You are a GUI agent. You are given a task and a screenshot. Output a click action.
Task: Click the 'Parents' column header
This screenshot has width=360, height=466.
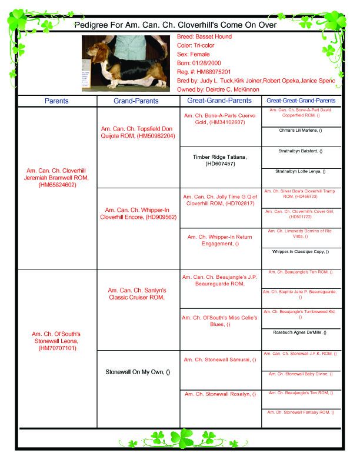coord(56,101)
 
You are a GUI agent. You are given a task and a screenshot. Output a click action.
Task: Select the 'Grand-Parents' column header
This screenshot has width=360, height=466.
coord(136,101)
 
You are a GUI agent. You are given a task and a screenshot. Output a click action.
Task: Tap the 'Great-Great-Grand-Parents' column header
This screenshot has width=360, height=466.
coord(301,101)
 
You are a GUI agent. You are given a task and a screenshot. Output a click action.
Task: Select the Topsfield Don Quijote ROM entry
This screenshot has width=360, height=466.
coord(138,131)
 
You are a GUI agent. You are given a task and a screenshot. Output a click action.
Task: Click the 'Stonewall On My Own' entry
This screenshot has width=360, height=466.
coord(138,372)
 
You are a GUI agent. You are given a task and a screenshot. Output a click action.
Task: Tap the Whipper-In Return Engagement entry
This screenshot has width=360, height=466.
coord(220,240)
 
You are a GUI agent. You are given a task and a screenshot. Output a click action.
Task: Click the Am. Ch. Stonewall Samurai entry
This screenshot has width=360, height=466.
coord(220,359)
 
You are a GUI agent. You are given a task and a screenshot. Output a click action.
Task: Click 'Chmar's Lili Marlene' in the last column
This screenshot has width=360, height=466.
coord(301,130)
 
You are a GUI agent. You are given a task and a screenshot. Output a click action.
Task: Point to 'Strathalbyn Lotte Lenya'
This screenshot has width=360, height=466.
coord(301,171)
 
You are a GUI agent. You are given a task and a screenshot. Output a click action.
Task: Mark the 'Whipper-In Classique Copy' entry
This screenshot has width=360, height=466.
coord(301,251)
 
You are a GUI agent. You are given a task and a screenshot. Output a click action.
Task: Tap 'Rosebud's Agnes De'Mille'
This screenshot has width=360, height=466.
coord(301,332)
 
